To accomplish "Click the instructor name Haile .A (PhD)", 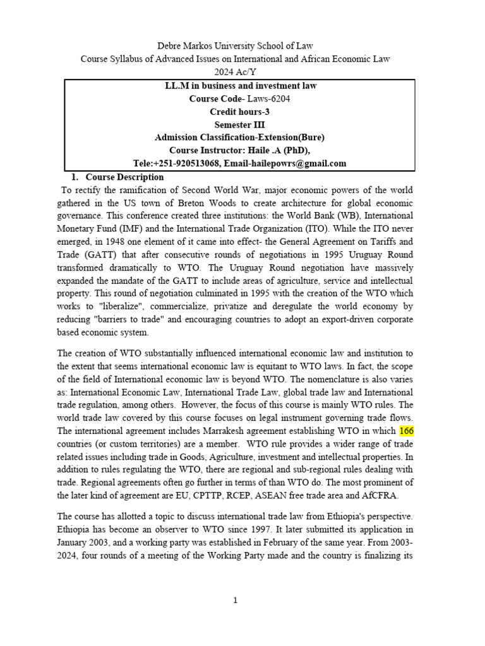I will pyautogui.click(x=282, y=150).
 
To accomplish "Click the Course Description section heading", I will pyautogui.click(x=124, y=177).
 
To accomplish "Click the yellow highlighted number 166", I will pyautogui.click(x=406, y=430).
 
